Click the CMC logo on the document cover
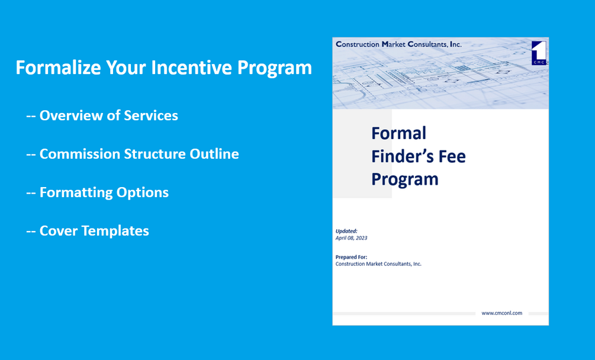tap(539, 53)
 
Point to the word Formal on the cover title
tap(398, 133)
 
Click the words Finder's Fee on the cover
tap(418, 156)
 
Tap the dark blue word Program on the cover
tap(404, 178)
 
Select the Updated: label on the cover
tap(346, 231)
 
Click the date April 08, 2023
tap(352, 237)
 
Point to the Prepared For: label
tap(351, 257)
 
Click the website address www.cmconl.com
tap(501, 313)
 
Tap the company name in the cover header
tap(398, 44)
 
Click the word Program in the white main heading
tap(275, 67)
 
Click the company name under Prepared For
tap(378, 264)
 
